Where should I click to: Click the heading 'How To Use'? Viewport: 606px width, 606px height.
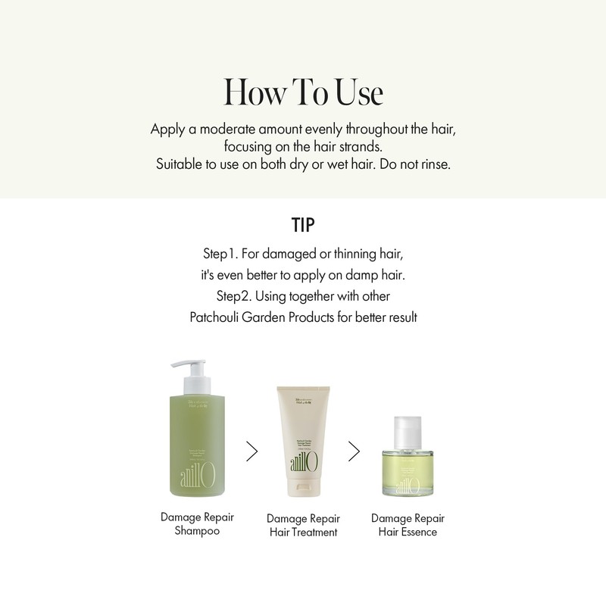coord(303,92)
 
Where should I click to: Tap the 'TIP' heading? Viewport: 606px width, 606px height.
coord(303,225)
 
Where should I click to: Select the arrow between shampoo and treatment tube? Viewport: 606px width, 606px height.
coord(252,451)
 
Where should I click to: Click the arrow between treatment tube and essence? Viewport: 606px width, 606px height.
coord(354,451)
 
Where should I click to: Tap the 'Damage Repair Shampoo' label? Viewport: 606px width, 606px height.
coord(197,524)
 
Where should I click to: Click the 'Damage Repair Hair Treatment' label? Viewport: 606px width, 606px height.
coord(302,525)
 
